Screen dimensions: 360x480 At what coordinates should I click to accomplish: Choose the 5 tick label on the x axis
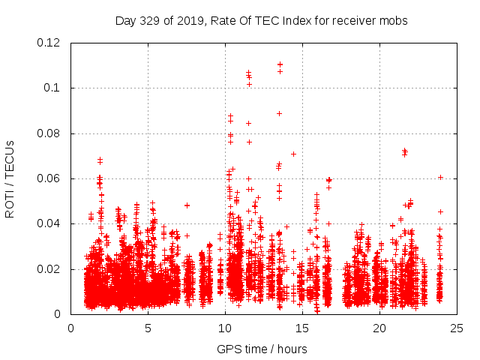tap(148, 328)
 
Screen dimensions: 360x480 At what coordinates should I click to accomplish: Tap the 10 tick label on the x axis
tap(225, 328)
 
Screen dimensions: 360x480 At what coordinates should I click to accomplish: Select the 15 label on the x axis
tap(302, 328)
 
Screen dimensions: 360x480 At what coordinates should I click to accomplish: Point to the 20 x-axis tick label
tap(379, 328)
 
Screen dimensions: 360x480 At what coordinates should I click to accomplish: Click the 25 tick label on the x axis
tap(457, 328)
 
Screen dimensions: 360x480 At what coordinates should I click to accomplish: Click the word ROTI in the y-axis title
tap(10, 203)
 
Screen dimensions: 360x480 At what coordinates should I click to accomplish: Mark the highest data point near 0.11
tap(280, 64)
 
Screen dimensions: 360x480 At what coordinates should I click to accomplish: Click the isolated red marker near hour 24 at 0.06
tap(441, 177)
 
